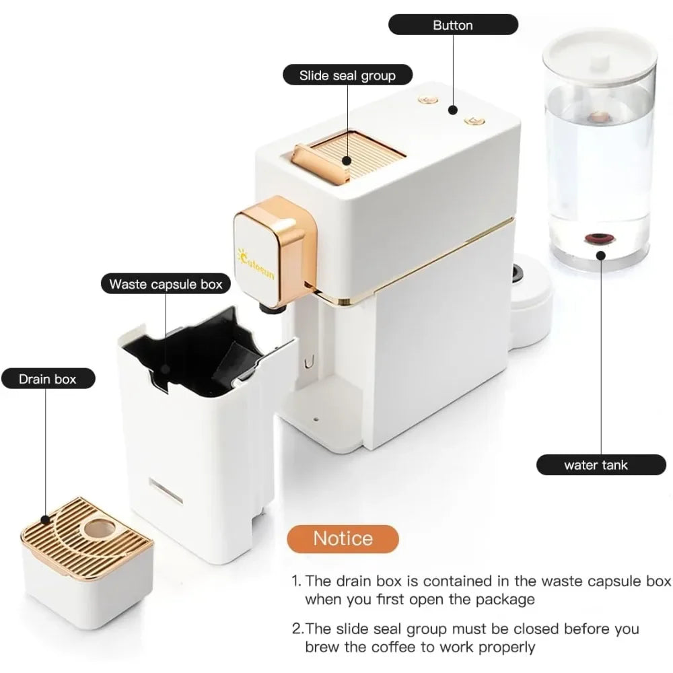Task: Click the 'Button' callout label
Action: (453, 24)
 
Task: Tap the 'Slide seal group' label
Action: (347, 75)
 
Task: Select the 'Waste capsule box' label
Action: (166, 284)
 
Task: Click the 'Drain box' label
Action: (48, 378)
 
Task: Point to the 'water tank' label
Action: (601, 465)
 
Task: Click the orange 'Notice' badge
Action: (343, 538)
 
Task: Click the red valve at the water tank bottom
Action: (600, 238)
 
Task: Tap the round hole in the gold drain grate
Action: (100, 528)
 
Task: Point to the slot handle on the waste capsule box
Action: (166, 490)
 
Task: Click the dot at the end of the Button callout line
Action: (452, 110)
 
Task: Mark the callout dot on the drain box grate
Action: (45, 520)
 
